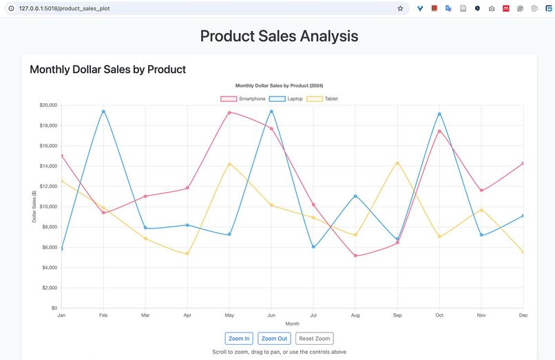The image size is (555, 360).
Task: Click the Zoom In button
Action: (239, 338)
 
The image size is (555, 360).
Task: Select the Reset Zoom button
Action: (315, 338)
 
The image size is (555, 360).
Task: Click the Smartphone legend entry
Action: (243, 98)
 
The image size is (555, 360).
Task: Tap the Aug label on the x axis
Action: (355, 315)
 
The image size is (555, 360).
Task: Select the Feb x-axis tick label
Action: (103, 315)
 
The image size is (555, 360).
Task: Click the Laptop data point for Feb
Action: (103, 112)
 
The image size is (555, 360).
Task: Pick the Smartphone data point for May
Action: (229, 112)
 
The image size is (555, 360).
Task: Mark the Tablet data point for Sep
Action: (397, 163)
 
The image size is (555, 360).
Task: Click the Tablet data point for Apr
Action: (187, 254)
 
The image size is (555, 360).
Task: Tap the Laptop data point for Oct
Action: (439, 114)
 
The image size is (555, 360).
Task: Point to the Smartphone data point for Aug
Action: (355, 255)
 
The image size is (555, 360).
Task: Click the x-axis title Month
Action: (292, 324)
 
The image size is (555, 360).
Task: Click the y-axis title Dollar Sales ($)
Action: (34, 207)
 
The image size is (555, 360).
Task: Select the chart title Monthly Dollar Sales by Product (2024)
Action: (279, 85)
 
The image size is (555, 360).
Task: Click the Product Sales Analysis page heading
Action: (279, 36)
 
